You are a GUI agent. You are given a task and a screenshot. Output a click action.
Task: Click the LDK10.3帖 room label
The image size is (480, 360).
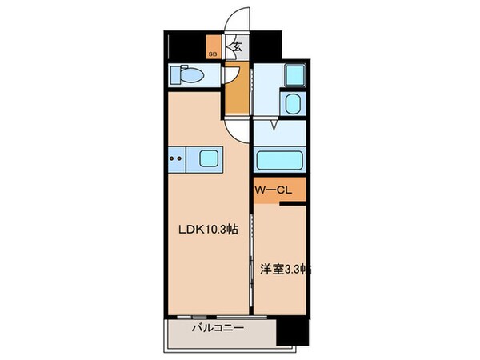pos(206,229)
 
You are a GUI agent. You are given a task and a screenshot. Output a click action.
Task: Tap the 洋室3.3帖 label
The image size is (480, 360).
pos(284,269)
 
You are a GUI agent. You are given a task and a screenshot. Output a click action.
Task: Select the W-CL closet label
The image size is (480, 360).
pos(272,191)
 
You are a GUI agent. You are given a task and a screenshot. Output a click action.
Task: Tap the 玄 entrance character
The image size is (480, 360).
pos(238,47)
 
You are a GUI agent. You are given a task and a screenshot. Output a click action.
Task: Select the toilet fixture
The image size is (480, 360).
pos(189,75)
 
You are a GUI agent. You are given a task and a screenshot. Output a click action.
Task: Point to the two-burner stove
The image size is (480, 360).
pos(178,158)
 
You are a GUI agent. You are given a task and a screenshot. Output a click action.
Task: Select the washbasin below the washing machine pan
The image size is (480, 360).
pos(292,104)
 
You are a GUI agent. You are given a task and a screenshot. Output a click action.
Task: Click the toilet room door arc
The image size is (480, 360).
pos(230,74)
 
